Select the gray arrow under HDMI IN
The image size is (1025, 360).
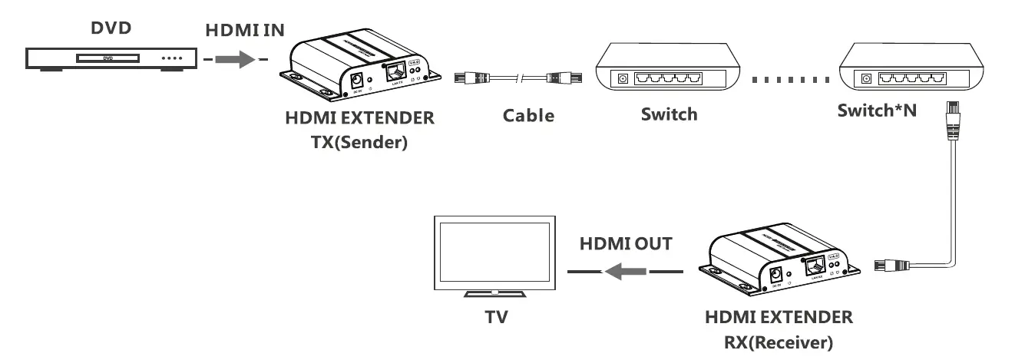click(x=235, y=59)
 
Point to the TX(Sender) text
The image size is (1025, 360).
click(x=359, y=143)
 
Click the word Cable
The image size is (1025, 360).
click(x=528, y=116)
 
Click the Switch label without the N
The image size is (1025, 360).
click(x=669, y=114)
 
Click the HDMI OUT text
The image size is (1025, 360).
click(x=626, y=244)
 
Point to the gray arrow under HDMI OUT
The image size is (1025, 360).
click(x=625, y=271)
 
